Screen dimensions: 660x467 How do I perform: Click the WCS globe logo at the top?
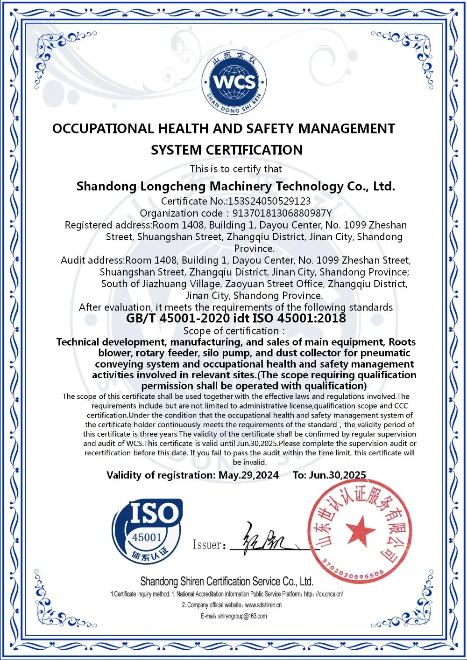pyautogui.click(x=233, y=83)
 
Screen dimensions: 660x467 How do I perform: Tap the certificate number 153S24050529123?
pyautogui.click(x=269, y=201)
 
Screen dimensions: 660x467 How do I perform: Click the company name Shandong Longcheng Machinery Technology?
pyautogui.click(x=236, y=187)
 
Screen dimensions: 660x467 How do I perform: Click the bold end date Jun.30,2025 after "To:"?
pyautogui.click(x=338, y=475)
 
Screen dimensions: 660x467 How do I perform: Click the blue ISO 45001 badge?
pyautogui.click(x=147, y=531)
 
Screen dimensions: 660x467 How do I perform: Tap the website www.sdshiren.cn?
pyautogui.click(x=263, y=605)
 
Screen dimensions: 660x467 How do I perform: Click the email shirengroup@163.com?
pyautogui.click(x=242, y=616)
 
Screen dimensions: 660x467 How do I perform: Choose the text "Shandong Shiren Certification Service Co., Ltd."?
pyautogui.click(x=226, y=582)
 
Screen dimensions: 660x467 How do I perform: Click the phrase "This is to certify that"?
pyautogui.click(x=236, y=169)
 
